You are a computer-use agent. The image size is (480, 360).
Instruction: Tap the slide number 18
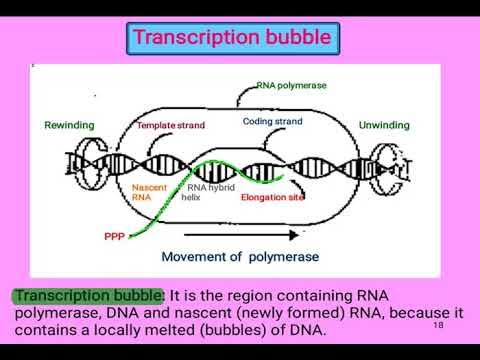tap(438, 326)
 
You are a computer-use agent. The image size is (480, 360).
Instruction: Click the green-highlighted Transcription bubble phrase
tap(86, 296)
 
